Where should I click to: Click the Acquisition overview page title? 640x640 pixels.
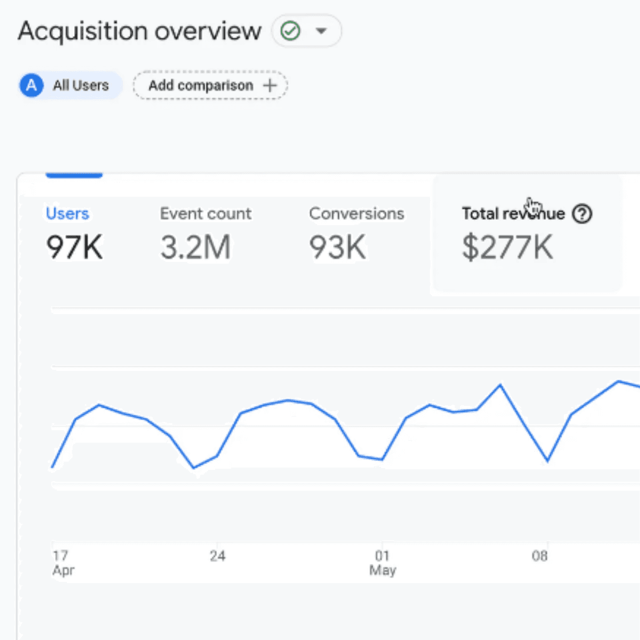tap(139, 31)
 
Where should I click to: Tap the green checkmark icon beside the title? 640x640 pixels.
tap(290, 31)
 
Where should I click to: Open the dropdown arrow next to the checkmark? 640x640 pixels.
tap(321, 31)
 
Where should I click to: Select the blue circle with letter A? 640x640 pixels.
tap(31, 85)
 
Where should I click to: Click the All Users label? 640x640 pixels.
tap(81, 85)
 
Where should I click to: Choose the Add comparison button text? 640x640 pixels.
tap(201, 85)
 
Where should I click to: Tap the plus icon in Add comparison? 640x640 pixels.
tap(270, 85)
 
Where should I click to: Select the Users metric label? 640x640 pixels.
tap(68, 213)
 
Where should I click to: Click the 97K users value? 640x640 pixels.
tap(74, 247)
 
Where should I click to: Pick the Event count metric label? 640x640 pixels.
tap(206, 213)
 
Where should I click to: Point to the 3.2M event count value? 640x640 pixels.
tap(196, 247)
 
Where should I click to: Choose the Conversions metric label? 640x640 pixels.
tap(356, 213)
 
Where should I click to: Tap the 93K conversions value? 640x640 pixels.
tap(337, 247)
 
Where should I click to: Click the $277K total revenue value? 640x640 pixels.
tap(507, 247)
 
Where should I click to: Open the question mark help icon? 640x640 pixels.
tap(582, 213)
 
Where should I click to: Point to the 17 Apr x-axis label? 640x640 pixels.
tap(63, 562)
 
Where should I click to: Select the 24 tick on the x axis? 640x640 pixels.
tap(217, 555)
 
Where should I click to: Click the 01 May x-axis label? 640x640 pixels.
tap(382, 562)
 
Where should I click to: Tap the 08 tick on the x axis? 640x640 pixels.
tap(539, 555)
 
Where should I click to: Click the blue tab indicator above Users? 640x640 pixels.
tap(74, 175)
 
